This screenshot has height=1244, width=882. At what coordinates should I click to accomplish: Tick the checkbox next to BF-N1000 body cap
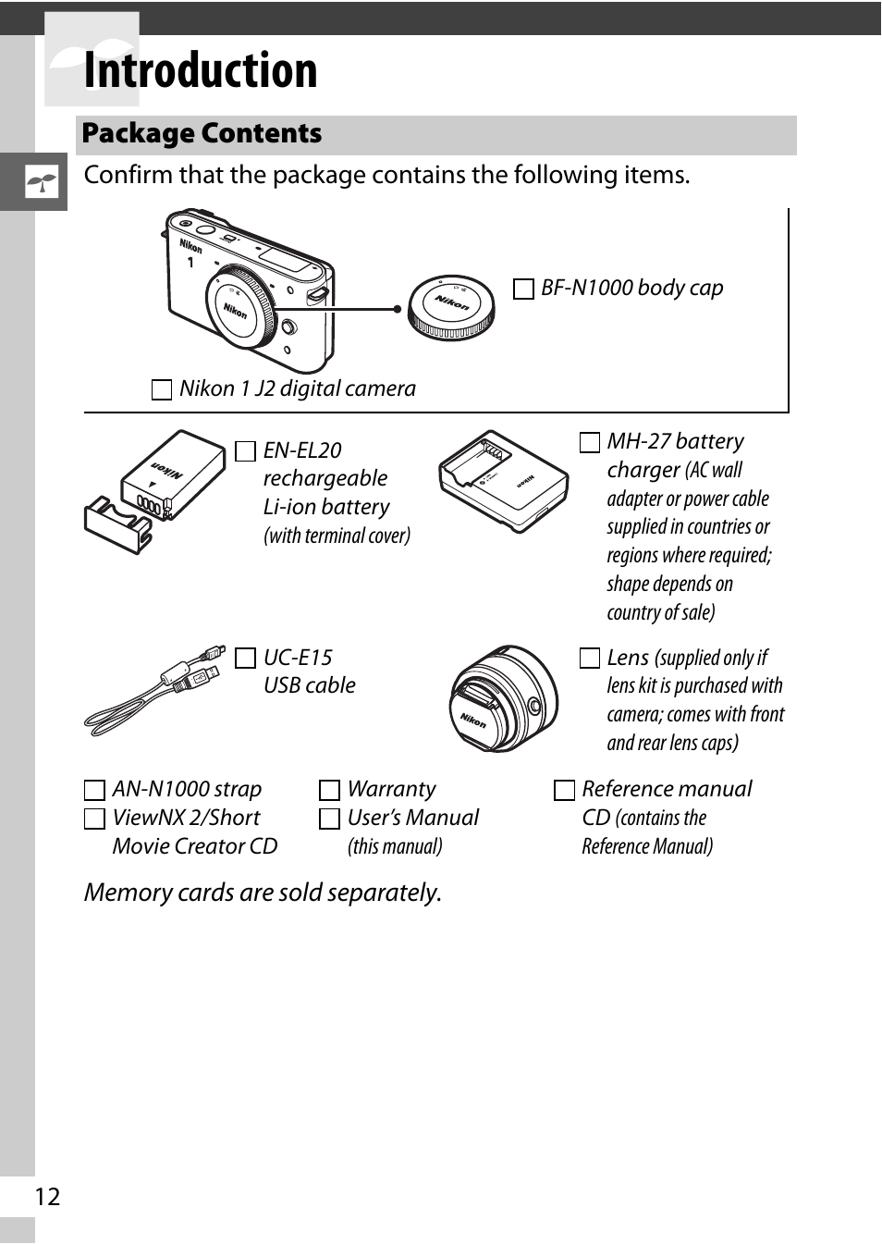coord(523,289)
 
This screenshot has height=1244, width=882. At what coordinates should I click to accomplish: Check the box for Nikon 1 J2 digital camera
coord(162,389)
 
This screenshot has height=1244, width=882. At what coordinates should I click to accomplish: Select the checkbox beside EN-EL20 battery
coord(245,451)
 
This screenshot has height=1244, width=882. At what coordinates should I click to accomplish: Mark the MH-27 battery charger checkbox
coord(590,443)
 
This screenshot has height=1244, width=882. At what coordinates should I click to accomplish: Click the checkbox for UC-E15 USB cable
coord(245,659)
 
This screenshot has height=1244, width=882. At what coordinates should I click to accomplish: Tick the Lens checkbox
coord(590,659)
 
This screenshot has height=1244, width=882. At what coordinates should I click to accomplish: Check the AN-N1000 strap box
coord(94,790)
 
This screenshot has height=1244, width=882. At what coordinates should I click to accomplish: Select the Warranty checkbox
coord(329,790)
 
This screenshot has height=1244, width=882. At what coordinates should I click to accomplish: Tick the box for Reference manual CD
coord(564,790)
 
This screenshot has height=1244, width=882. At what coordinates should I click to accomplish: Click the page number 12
coord(47,1198)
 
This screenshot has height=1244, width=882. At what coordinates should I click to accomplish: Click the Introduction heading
coord(201,70)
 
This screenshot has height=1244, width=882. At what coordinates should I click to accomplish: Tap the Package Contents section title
coord(202,133)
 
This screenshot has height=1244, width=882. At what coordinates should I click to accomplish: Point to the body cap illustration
coord(451,308)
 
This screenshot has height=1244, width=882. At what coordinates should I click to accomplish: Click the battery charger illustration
coord(504,482)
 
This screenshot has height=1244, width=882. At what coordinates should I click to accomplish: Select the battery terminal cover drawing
coord(118,524)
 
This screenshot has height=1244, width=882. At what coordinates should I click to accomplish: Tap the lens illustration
coord(503,698)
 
